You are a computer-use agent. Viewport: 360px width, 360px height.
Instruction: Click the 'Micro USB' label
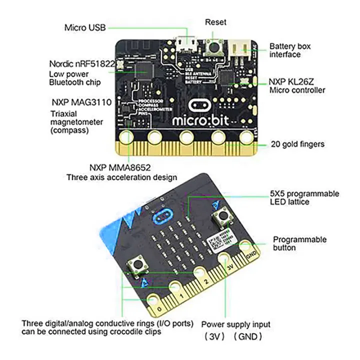click(x=85, y=27)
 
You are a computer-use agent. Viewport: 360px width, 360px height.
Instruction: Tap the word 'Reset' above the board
click(x=215, y=22)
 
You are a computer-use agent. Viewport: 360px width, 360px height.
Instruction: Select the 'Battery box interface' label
click(x=289, y=50)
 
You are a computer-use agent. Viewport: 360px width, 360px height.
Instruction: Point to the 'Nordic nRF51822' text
click(x=82, y=64)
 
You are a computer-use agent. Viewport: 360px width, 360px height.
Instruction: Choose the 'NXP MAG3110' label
click(x=80, y=102)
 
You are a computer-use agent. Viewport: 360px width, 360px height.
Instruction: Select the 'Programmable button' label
click(x=299, y=243)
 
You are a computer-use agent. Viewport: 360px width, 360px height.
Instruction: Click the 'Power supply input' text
click(x=235, y=324)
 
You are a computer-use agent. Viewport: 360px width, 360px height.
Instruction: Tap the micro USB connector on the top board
click(x=186, y=45)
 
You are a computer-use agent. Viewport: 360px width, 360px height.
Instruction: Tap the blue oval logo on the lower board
click(x=162, y=215)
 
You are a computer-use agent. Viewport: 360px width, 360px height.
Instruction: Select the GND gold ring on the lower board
click(x=245, y=246)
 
